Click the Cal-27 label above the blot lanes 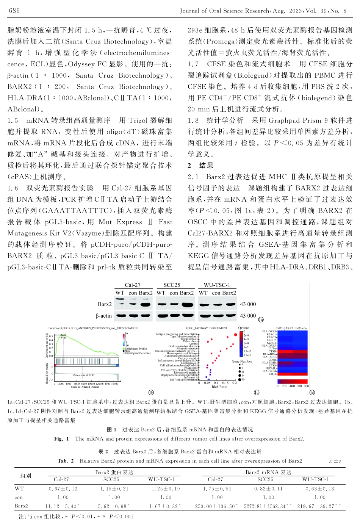pos(133,285)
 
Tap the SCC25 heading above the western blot pos(172,285)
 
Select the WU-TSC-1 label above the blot pos(217,285)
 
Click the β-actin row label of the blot pos(104,316)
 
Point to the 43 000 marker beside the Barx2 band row pos(248,304)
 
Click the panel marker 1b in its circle pos(151,393)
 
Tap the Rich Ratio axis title pos(219,387)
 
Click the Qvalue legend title pos(243,328)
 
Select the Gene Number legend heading pos(242,361)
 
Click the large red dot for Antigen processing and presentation pos(236,335)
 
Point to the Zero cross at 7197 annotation pos(84,375)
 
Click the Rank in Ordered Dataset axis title pos(85,387)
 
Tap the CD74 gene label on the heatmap pos(272,374)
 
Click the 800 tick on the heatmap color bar pos(306,386)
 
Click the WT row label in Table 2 pos(19,489)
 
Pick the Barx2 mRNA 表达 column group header pos(268,472)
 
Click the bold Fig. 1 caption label pos(61,439)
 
